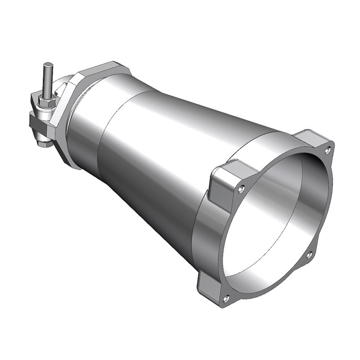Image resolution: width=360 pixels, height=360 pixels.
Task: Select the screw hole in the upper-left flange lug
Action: (x=242, y=187)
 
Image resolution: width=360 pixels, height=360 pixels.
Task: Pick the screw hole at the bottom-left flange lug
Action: (x=226, y=297)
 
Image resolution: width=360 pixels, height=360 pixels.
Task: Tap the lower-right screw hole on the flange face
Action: (x=309, y=255)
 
